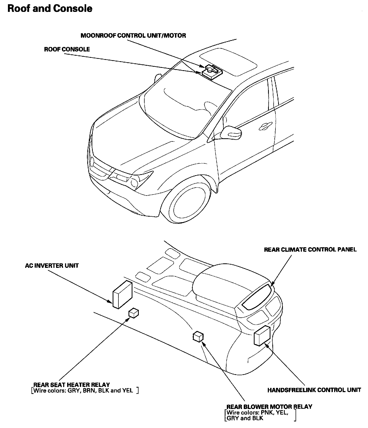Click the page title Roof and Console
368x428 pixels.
click(x=50, y=8)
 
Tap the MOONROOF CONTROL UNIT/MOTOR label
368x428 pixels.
click(x=133, y=35)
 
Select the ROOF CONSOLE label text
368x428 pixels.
click(x=67, y=49)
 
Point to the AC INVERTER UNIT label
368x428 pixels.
click(x=52, y=265)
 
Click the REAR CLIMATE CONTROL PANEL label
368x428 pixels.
click(x=310, y=249)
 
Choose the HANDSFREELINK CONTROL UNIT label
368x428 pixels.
click(x=314, y=390)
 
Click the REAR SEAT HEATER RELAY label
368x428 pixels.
click(x=72, y=385)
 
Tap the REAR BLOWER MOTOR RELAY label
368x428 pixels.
click(x=269, y=407)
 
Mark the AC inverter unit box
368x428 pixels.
click(x=122, y=294)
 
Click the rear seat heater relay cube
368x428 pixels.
click(x=134, y=313)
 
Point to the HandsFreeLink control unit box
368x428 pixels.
click(x=262, y=336)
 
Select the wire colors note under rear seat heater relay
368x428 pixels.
click(x=85, y=391)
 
